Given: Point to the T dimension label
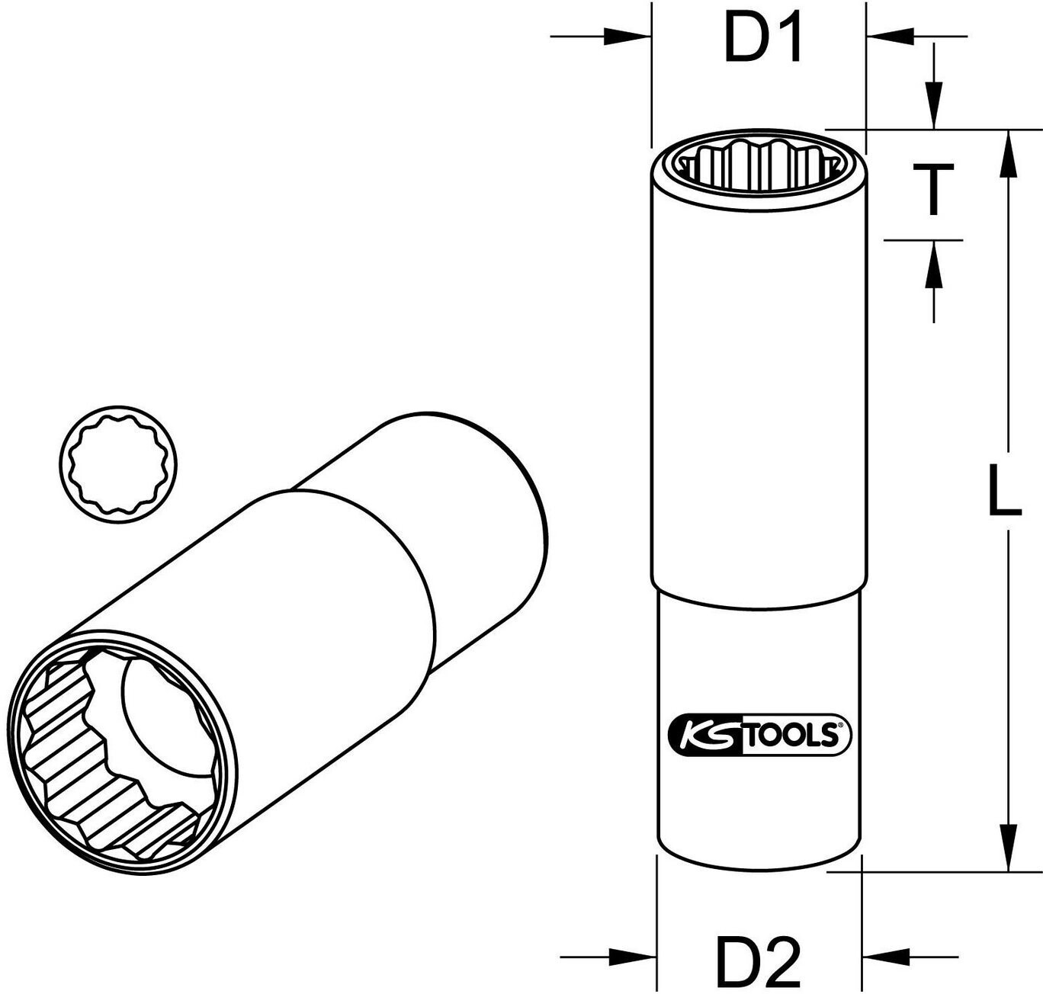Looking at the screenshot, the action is coord(934,188).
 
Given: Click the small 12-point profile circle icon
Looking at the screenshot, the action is coord(117,465).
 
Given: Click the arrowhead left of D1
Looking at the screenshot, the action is coord(628,37).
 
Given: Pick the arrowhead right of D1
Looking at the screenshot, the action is coord(890,37).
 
